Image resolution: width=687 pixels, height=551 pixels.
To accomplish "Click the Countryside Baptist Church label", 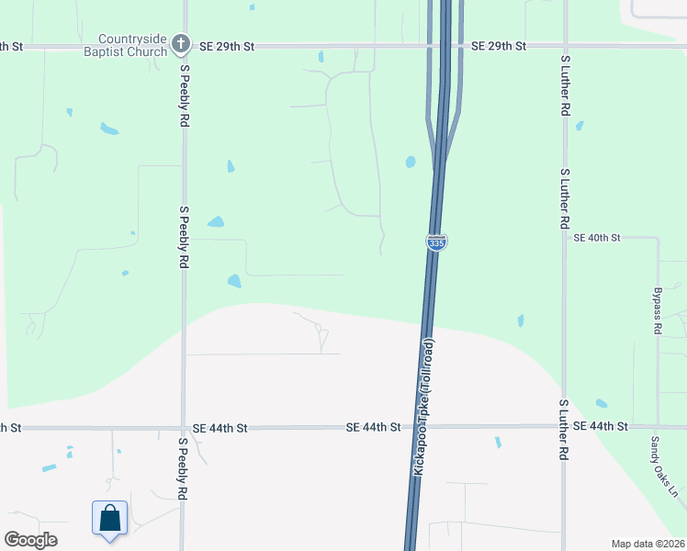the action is (133, 45).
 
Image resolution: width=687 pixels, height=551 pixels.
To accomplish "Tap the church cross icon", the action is (182, 43).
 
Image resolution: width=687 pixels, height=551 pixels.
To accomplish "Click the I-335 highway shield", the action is (436, 241).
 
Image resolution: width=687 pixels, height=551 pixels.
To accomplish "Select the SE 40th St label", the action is (597, 237).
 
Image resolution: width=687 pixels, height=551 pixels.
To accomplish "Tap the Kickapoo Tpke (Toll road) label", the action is (424, 406).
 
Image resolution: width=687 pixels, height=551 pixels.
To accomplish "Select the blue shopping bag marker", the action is (109, 518).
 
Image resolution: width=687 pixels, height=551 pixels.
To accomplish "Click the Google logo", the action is (30, 540).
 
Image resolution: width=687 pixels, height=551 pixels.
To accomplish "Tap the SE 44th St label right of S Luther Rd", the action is (600, 426).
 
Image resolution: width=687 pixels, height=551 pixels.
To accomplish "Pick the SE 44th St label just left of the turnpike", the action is (374, 427).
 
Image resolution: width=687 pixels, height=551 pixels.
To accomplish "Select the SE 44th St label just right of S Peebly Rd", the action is (220, 428).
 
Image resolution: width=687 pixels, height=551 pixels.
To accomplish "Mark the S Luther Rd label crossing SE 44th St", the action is (565, 430).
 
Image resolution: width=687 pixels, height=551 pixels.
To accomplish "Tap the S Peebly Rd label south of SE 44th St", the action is (184, 468).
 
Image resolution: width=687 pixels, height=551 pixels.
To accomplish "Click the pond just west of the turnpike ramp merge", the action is (411, 163).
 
